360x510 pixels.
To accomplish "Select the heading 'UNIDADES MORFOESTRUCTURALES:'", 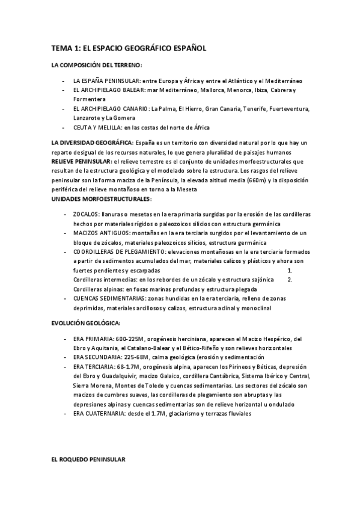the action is (101, 198).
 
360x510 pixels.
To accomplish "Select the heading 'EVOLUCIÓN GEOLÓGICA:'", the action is (86, 323).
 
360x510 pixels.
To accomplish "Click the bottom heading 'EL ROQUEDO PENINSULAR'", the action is (88, 458).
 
